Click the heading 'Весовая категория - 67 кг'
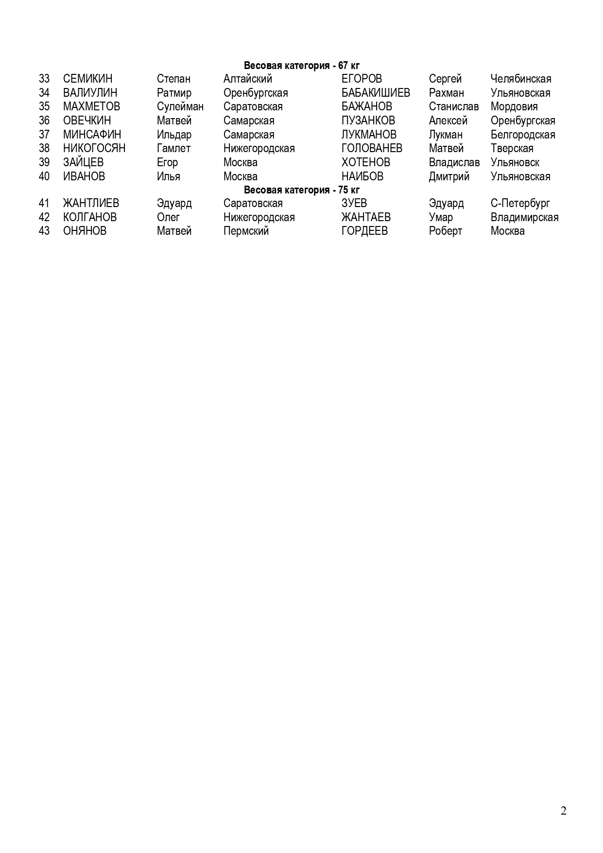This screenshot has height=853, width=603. pyautogui.click(x=301, y=66)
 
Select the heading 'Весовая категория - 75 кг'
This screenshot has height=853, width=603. pyautogui.click(x=301, y=190)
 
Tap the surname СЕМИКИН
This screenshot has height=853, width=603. pyautogui.click(x=87, y=79)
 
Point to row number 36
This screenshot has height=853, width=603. pyautogui.click(x=44, y=121)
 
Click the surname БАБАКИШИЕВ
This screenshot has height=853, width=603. pyautogui.click(x=376, y=93)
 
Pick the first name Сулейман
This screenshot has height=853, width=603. pyautogui.click(x=180, y=106)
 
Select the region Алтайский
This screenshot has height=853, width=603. pyautogui.click(x=247, y=79)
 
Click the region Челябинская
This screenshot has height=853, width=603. pyautogui.click(x=520, y=79)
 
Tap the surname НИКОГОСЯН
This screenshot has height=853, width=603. pyautogui.click(x=94, y=148)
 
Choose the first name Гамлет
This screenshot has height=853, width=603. pyautogui.click(x=173, y=148)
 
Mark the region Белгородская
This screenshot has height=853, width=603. pyautogui.click(x=522, y=135)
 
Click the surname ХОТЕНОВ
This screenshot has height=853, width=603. pyautogui.click(x=365, y=162)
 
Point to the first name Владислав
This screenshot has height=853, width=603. pyautogui.click(x=454, y=162)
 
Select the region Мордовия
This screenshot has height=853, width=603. pyautogui.click(x=514, y=106)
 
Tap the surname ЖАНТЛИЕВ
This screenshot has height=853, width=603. pyautogui.click(x=91, y=203)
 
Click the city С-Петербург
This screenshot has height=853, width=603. pyautogui.click(x=520, y=203)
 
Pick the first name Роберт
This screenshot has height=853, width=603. pyautogui.click(x=445, y=231)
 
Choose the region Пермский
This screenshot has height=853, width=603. pyautogui.click(x=246, y=231)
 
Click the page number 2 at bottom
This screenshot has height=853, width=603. pyautogui.click(x=563, y=811)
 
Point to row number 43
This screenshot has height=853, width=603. pyautogui.click(x=44, y=231)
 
